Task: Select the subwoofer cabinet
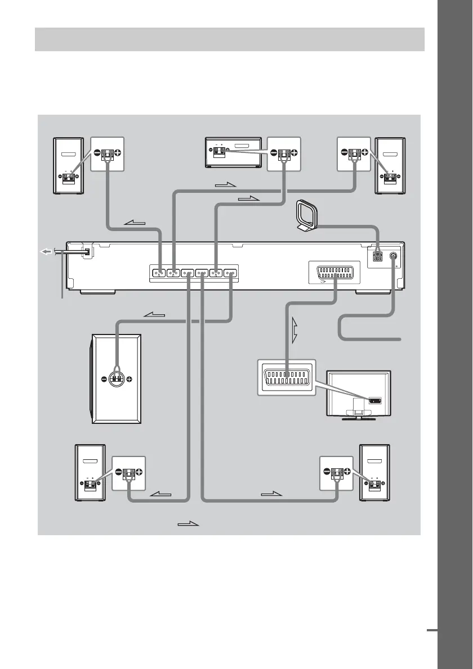pos(117,379)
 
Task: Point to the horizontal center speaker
pos(233,152)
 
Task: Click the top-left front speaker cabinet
pos(68,165)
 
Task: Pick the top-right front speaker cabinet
pos(390,165)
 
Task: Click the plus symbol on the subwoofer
pos(130,379)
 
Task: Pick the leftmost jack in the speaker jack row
pos(159,274)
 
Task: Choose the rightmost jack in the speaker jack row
pos(230,274)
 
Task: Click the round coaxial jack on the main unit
pos(392,256)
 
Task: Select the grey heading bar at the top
pos(229,39)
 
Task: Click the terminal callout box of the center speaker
pos(284,153)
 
